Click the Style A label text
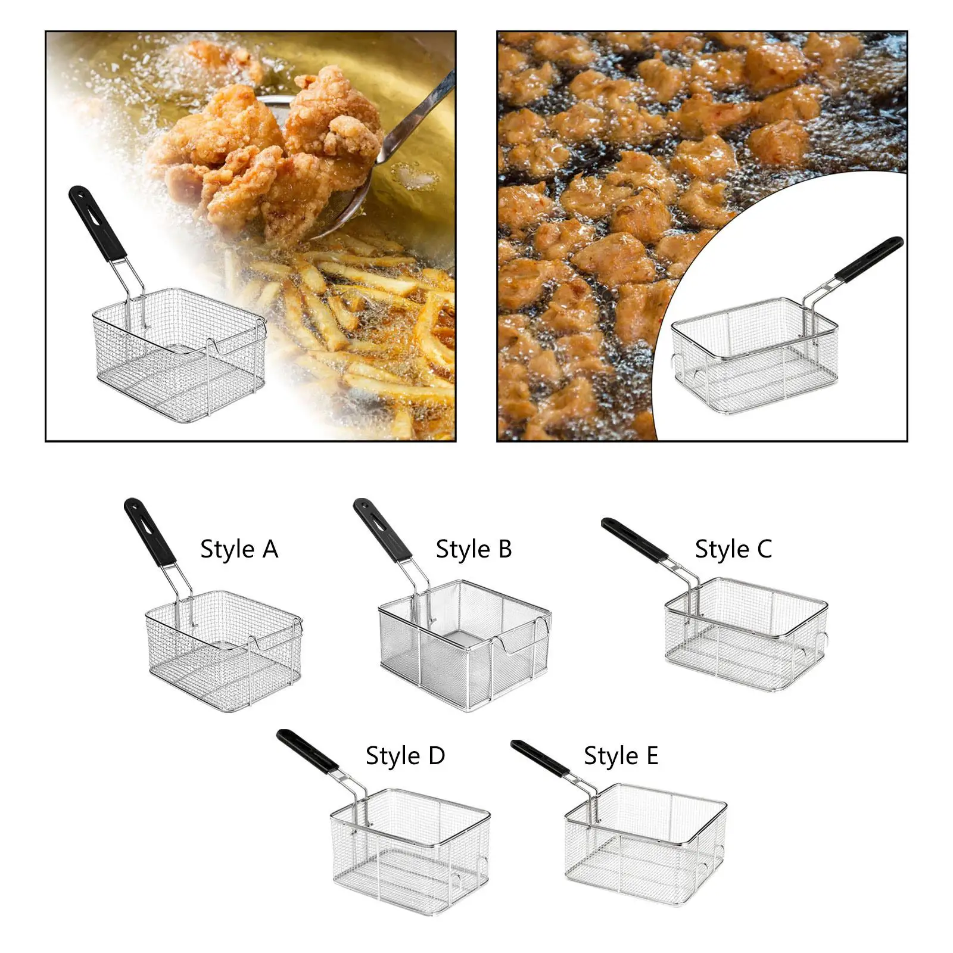tap(239, 549)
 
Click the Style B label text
tap(474, 549)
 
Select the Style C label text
tap(733, 549)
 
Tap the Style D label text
tap(405, 756)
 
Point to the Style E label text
tap(621, 756)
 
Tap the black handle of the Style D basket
tap(307, 751)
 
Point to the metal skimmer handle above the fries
tap(417, 119)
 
